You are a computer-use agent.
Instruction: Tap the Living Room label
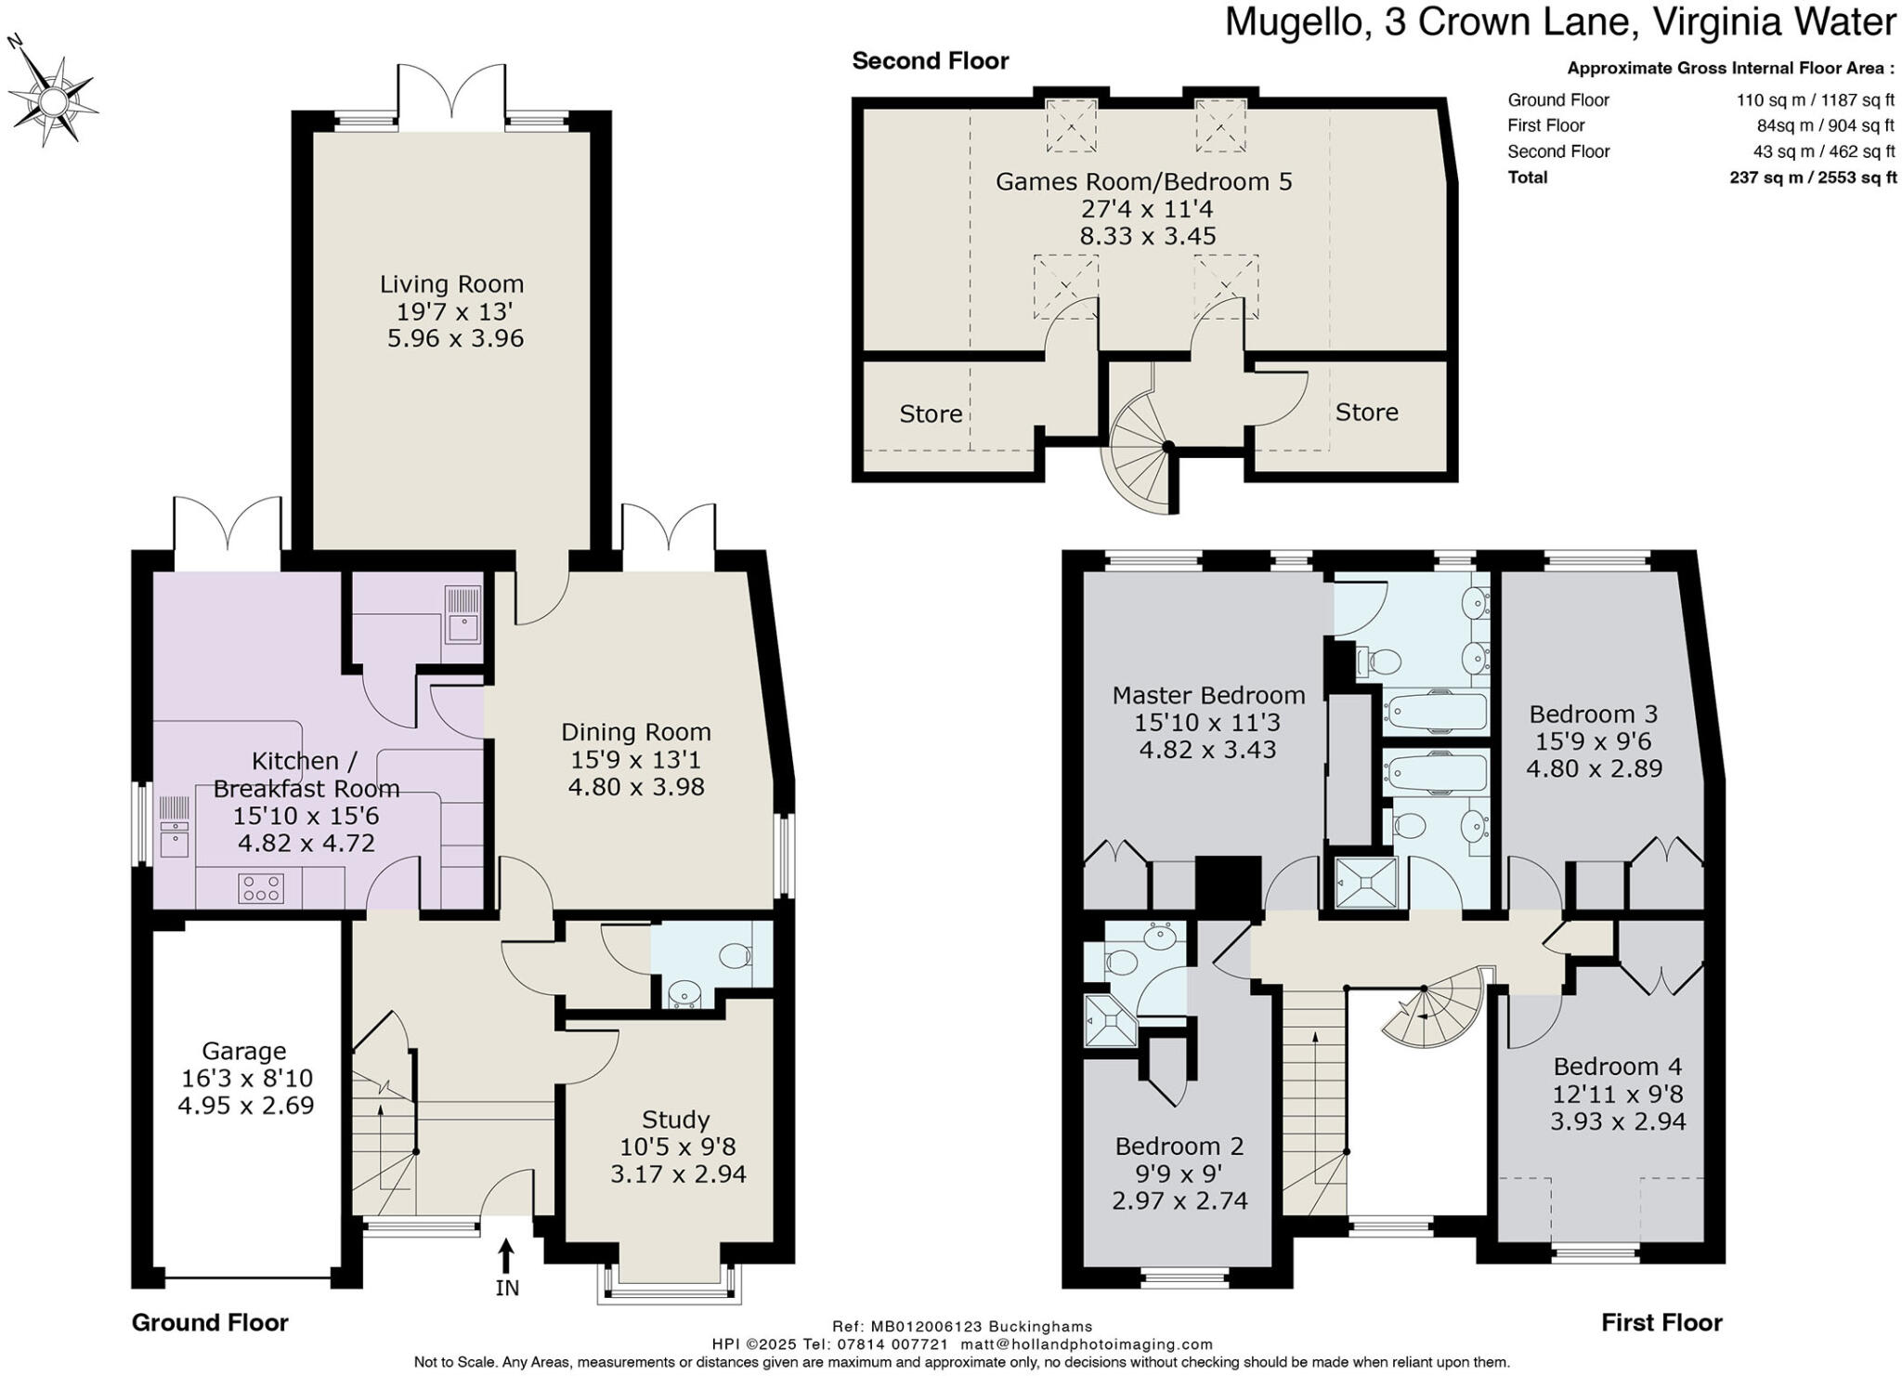coord(452,284)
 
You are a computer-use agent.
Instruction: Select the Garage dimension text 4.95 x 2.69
coord(245,1106)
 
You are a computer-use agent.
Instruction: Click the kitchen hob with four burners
coord(261,888)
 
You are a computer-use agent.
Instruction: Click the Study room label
coord(675,1120)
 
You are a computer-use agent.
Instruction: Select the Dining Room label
coord(636,732)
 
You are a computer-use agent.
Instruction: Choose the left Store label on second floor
coord(931,414)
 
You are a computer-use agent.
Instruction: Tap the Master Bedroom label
coord(1208,695)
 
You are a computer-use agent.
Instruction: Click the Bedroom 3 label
coord(1594,714)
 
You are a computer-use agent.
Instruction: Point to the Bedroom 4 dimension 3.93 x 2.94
coord(1618,1121)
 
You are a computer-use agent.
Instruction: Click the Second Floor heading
coord(931,61)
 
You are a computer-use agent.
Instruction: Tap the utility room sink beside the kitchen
coord(463,614)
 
